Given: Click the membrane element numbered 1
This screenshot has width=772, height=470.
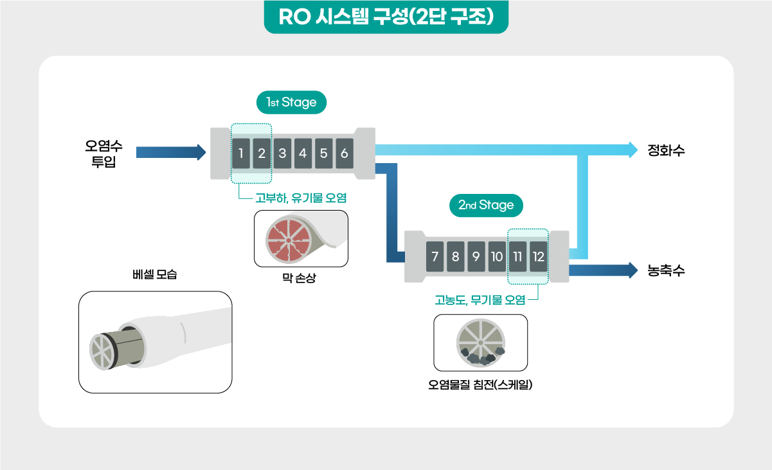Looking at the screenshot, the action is point(241,153).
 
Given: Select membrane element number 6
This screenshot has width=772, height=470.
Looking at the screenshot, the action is point(345,153).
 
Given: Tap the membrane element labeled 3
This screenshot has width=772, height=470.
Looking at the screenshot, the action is point(282,153).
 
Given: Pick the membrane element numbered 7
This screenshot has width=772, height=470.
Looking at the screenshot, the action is point(435,257).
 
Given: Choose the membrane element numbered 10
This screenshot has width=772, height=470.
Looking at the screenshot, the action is point(497,257).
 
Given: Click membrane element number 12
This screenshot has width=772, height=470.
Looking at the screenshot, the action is point(538,257).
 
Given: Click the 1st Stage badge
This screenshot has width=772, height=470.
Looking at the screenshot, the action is point(291,102).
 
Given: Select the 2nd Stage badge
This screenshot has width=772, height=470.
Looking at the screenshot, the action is point(486,205).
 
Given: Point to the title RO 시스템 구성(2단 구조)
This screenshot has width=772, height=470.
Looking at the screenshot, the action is point(386,17).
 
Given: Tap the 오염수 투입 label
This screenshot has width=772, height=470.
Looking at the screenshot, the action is point(103,153).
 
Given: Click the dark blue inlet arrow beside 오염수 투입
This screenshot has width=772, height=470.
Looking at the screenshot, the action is point(171,153).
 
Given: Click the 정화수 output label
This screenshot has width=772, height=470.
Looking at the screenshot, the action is point(666,150).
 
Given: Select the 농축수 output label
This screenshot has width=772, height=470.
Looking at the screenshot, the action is point(666,270).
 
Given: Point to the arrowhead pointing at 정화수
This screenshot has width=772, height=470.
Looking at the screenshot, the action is point(633,150).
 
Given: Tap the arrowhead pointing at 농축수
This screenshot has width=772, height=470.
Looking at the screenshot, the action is point(633,270).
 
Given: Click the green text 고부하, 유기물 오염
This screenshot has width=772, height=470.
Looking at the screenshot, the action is point(301,198).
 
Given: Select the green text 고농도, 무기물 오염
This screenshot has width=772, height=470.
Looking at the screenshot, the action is point(480,300).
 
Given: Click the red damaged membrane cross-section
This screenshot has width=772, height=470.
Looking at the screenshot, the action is point(289,240).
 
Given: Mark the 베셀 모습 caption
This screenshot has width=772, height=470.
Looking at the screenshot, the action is point(155,274).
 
